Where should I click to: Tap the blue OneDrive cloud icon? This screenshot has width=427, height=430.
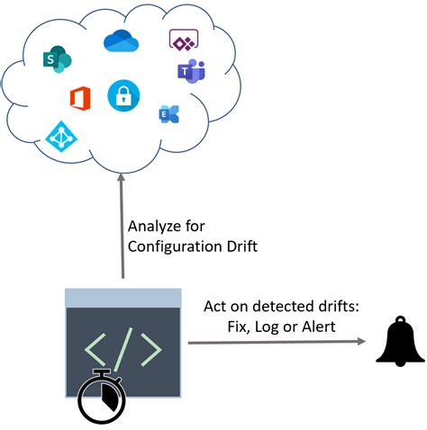click(x=119, y=41)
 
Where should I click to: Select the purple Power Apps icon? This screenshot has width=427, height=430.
click(x=183, y=40)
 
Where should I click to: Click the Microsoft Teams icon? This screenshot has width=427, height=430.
click(x=191, y=72)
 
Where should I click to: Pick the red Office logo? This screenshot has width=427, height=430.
click(x=80, y=98)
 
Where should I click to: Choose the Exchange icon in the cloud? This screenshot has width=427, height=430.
click(x=168, y=114)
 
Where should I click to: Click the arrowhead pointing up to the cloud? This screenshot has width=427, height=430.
click(x=122, y=184)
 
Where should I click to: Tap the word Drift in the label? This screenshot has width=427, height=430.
click(x=239, y=246)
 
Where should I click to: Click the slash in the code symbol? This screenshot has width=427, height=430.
click(x=123, y=344)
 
